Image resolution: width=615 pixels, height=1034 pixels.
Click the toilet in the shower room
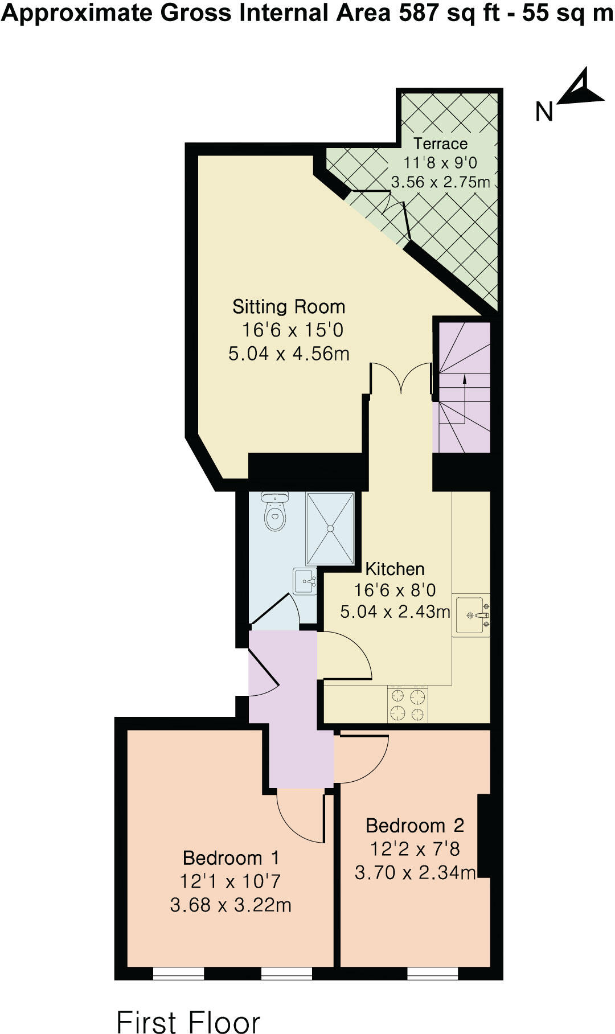coord(275,512)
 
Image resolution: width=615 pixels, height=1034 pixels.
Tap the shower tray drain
coord(330,528)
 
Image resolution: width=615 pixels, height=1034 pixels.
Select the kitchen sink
coord(471,615)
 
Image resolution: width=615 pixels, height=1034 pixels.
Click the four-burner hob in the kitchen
coord(408,704)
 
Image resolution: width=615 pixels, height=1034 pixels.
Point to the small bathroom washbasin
coord(305,581)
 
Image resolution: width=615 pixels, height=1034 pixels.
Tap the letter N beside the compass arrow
coord(544,112)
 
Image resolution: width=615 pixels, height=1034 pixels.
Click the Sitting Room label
coord(289,307)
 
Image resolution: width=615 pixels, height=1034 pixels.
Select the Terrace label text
coord(440,143)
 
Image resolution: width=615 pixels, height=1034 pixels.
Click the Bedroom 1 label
coord(231,857)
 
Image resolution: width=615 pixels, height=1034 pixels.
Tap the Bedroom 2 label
coord(415,825)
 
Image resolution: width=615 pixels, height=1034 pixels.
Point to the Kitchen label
coord(395,569)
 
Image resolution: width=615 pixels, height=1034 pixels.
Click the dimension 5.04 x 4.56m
coord(289,354)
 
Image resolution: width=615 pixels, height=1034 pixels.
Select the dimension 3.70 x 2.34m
coord(415,872)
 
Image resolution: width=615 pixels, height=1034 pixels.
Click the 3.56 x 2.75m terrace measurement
coord(440,182)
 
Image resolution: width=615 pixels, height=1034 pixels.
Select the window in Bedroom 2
coord(433,973)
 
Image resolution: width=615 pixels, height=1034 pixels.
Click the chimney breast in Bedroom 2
coord(483,836)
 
